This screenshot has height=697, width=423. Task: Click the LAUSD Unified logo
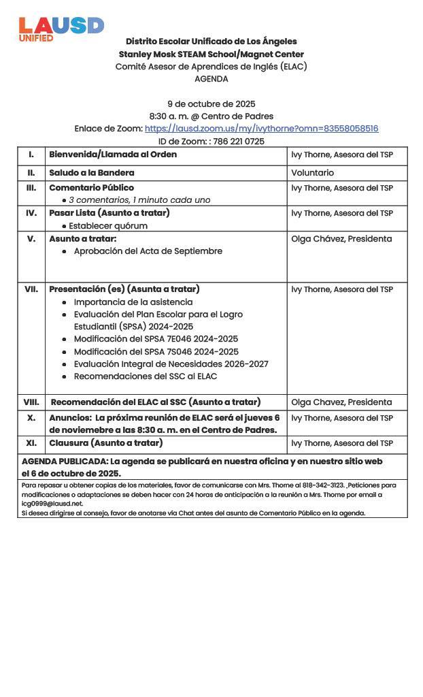(61, 29)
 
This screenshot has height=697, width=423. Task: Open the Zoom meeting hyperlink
(261, 129)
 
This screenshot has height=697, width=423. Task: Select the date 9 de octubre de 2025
(211, 104)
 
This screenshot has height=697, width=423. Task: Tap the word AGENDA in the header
(211, 79)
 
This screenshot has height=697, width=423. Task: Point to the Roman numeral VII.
(31, 289)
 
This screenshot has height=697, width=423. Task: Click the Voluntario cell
(312, 173)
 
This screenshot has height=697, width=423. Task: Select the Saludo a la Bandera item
(91, 173)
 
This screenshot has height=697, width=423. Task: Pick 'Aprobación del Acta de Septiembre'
(148, 251)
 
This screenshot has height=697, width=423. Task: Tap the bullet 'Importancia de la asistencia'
(133, 302)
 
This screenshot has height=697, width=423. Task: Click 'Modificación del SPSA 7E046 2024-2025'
(156, 339)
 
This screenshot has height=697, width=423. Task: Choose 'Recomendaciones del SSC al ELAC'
(145, 376)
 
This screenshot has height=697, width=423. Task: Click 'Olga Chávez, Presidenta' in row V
(341, 239)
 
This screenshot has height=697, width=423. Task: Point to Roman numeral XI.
(31, 443)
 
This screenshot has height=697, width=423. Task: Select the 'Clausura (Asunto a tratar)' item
(105, 443)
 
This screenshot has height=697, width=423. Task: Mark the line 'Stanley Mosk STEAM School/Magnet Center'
(211, 54)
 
